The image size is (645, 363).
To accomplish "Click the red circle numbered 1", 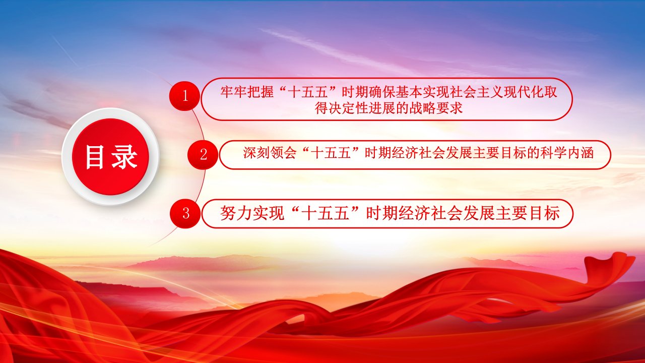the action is coord(184,96).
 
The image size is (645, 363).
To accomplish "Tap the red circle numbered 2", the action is coord(203,155).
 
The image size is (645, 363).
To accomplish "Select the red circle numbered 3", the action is coord(185,213).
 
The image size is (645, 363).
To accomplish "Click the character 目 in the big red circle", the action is coord(94,157).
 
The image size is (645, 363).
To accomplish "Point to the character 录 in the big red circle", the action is coord(124,157).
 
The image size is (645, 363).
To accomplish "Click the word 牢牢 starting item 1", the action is coord(234,92).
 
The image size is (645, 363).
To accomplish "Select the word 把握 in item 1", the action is coord(261,92).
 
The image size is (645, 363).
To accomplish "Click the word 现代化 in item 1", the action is coord(523,92).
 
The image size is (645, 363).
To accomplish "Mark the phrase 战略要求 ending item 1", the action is coord(435,108).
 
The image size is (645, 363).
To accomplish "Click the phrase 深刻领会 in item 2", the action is coord(269,153).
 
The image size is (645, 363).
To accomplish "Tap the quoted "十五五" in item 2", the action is coord(330,153).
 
